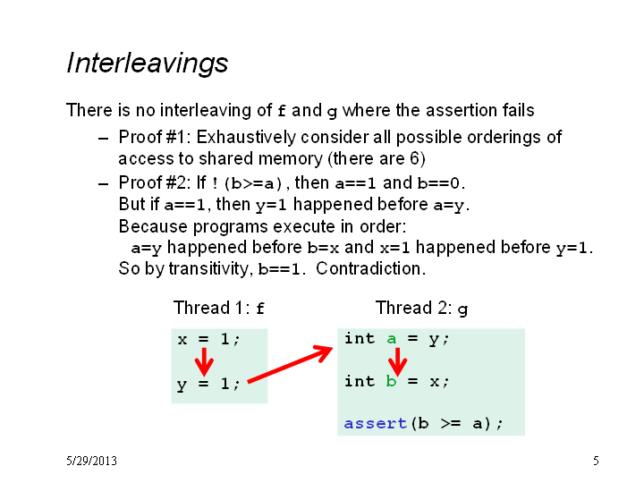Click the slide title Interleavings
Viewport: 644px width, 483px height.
[147, 64]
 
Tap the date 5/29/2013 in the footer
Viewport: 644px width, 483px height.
[91, 461]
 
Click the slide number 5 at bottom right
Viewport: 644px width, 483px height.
[596, 461]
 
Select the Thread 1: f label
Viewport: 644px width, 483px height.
[219, 308]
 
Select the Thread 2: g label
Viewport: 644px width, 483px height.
[421, 308]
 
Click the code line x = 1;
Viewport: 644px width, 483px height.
[208, 339]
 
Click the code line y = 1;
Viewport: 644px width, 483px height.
[208, 384]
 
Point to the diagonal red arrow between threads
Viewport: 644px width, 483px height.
[291, 364]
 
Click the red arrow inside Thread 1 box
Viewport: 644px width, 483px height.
[204, 362]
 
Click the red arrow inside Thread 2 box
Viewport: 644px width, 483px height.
[397, 362]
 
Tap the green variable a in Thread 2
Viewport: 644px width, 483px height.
[392, 339]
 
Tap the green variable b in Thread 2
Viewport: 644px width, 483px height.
[391, 381]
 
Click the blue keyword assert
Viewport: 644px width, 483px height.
[376, 423]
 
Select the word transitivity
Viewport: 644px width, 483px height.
[209, 268]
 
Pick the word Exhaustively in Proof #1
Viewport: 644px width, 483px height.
[246, 137]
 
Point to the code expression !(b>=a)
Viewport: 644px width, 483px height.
[248, 183]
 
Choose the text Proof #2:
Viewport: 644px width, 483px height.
[155, 182]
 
